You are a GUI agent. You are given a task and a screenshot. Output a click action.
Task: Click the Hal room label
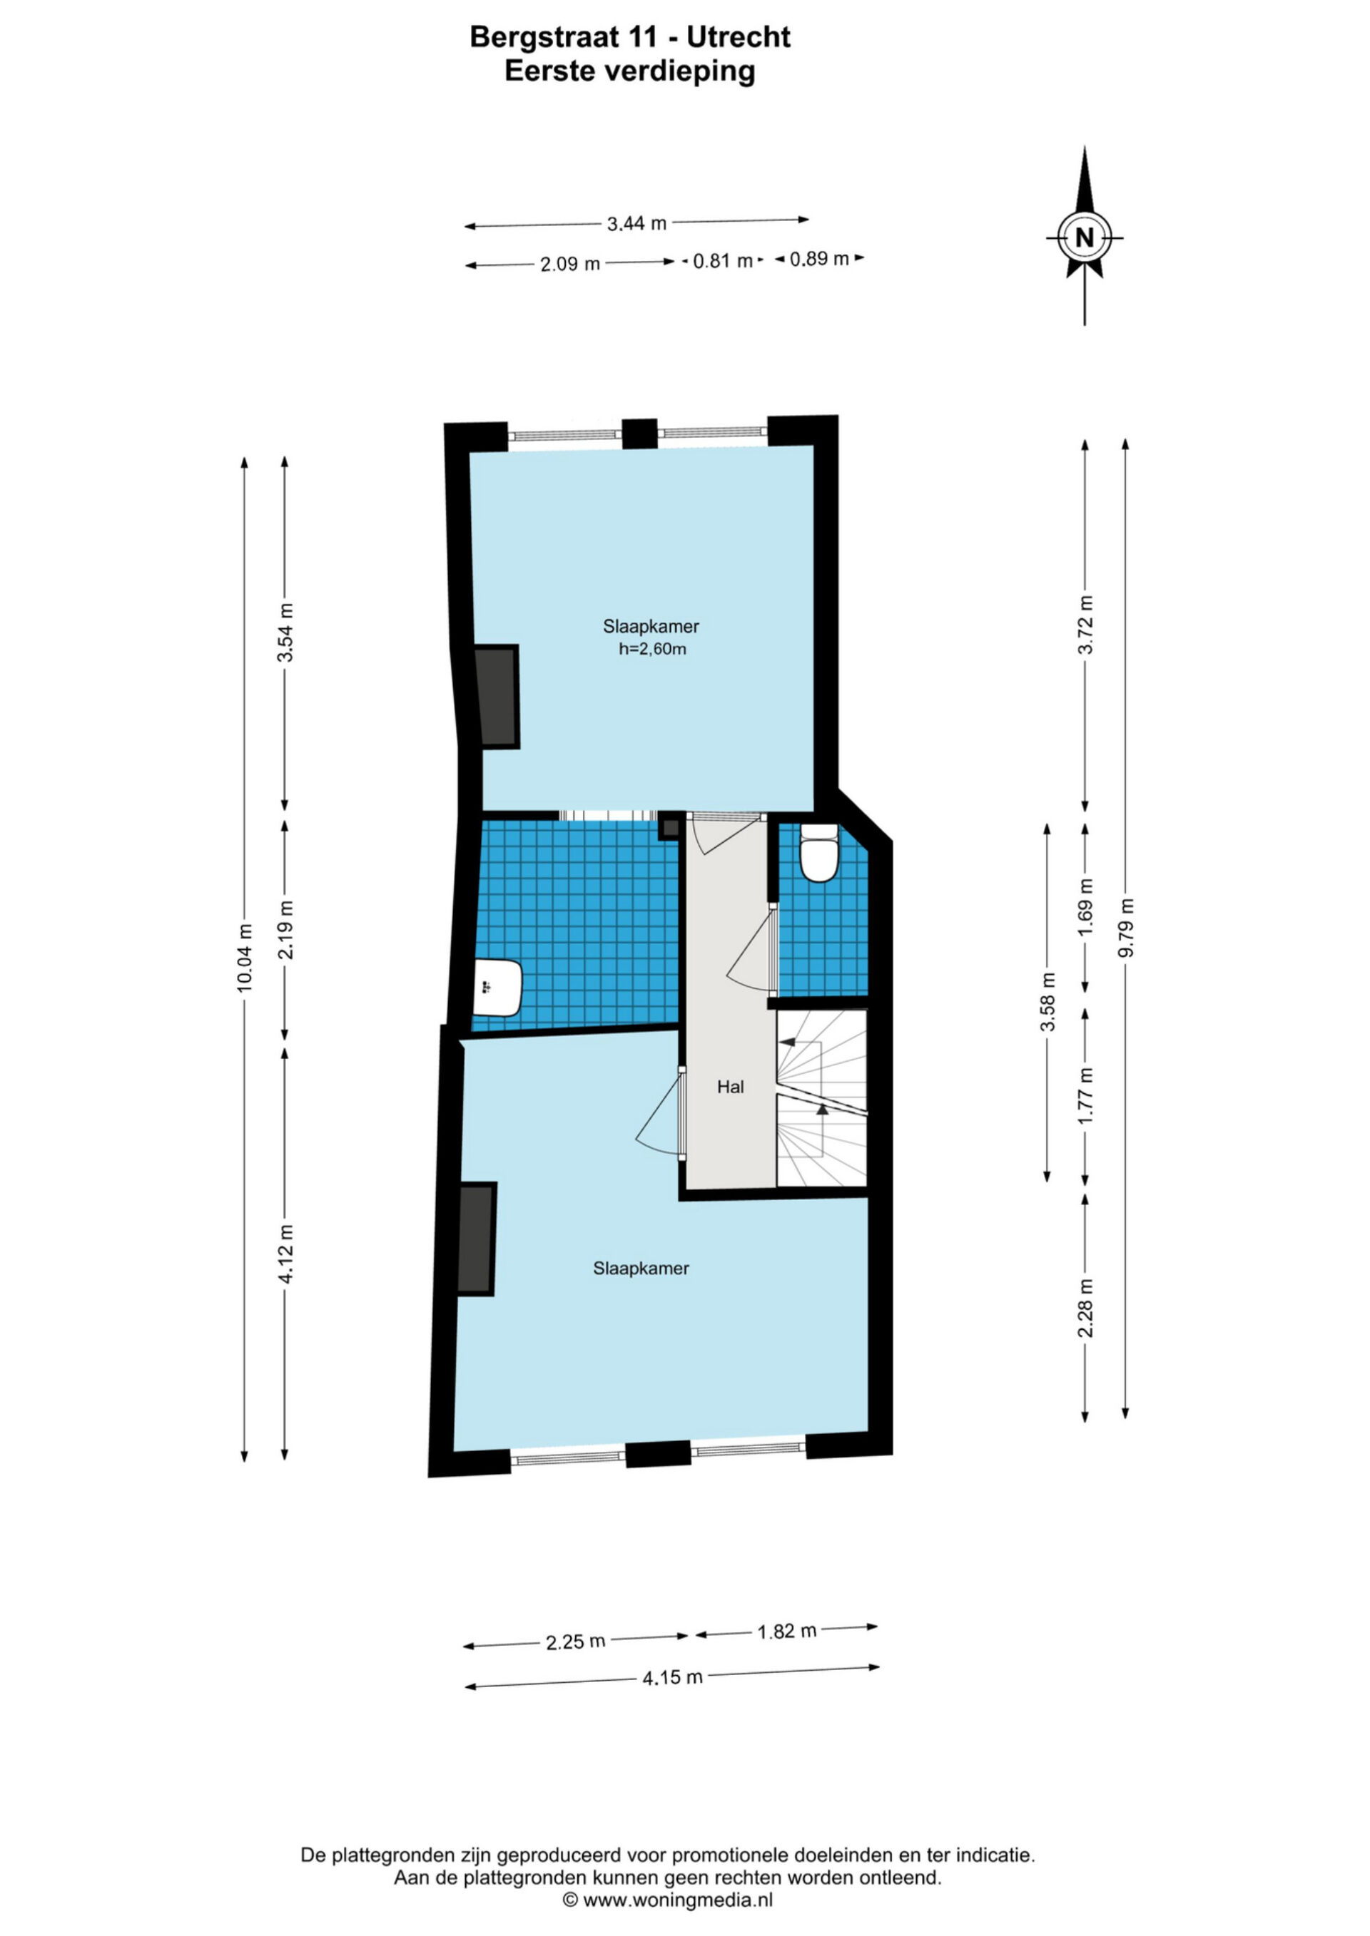pos(731,1087)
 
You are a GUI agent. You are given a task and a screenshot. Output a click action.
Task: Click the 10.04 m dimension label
pos(245,958)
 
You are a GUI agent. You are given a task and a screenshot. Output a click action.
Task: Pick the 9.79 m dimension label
pos(1125,928)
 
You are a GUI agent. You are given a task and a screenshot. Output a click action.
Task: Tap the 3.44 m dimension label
pos(637,223)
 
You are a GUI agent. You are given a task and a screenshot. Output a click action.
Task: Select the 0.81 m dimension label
pos(723,260)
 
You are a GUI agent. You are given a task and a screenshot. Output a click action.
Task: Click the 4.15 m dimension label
pos(672,1677)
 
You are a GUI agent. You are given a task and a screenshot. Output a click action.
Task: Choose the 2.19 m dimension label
pos(286,928)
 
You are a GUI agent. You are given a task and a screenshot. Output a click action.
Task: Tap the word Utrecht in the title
pos(738,37)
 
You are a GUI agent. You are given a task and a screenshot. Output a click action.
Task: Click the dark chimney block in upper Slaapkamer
pos(496,697)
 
